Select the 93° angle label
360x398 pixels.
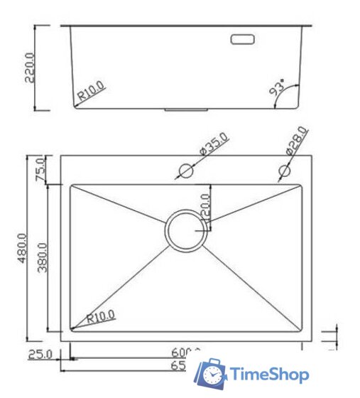coord(276,89)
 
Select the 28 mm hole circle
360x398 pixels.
coord(285,171)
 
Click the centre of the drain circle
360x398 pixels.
coord(186,230)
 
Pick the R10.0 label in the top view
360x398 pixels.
coord(101,316)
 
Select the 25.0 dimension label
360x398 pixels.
coord(39,354)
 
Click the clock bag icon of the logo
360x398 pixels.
coord(212,374)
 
